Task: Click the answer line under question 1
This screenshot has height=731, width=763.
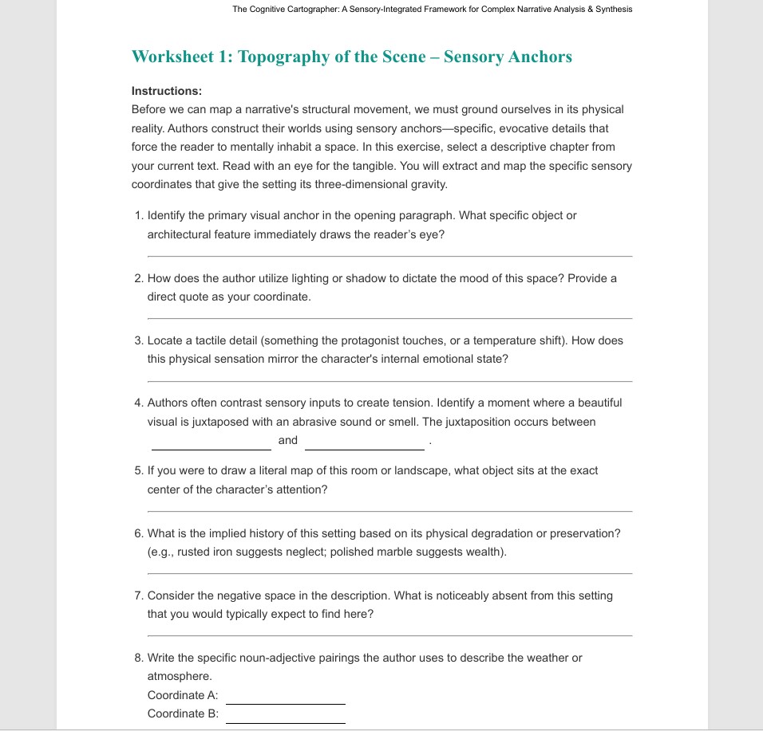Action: tap(389, 256)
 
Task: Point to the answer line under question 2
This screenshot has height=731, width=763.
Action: tap(389, 318)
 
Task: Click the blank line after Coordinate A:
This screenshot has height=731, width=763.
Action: tap(286, 703)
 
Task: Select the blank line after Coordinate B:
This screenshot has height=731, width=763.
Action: tap(286, 722)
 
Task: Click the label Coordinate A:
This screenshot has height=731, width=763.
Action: tap(183, 695)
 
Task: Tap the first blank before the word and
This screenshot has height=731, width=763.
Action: tap(212, 448)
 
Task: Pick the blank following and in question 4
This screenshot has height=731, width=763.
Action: tap(365, 448)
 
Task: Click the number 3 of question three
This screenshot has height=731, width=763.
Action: tap(138, 340)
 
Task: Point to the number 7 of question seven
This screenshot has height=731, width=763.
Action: tap(138, 595)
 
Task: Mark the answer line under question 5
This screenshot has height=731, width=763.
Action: tap(389, 511)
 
